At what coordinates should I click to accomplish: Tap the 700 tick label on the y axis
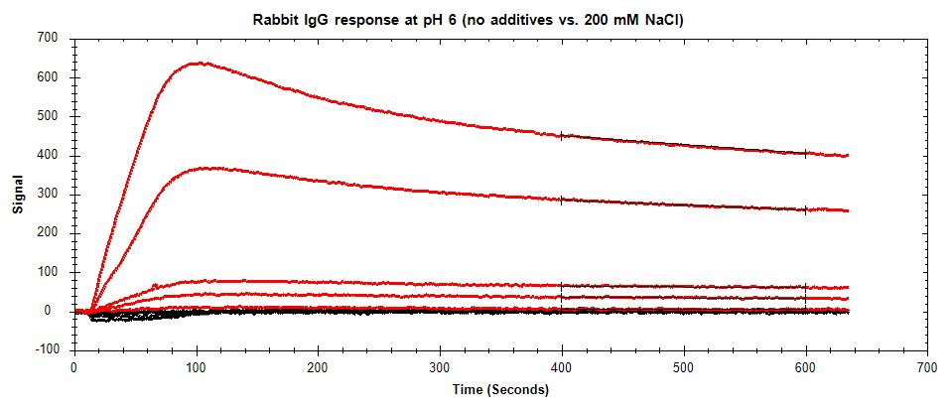(47, 38)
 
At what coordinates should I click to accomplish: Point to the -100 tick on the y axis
(45, 349)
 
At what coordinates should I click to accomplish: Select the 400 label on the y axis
(47, 155)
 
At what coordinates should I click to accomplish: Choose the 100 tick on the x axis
(196, 367)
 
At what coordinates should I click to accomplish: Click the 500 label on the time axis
(684, 367)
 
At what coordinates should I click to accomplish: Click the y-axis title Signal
(16, 195)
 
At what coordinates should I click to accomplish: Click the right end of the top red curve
(847, 156)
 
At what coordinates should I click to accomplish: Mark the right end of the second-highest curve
(847, 210)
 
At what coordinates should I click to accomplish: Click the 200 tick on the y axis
(47, 232)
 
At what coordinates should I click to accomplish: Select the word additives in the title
(519, 18)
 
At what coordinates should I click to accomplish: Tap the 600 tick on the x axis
(805, 367)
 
